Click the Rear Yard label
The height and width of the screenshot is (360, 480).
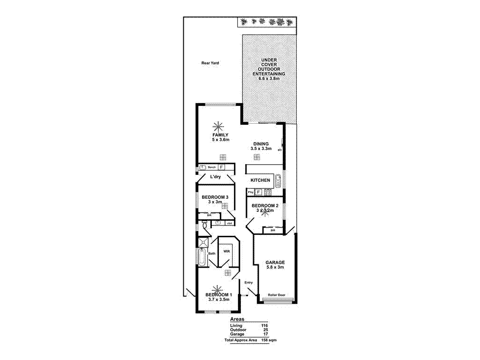(x=210, y=63)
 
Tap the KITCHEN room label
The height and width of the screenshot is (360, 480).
(x=260, y=180)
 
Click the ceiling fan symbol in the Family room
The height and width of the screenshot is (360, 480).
(x=218, y=126)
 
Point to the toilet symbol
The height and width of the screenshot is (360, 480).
(x=205, y=226)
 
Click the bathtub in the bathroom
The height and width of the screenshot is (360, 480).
(x=201, y=257)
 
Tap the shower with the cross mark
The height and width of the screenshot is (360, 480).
(x=203, y=242)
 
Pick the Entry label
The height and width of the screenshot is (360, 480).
(x=248, y=282)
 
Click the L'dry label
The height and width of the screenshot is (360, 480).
(x=215, y=177)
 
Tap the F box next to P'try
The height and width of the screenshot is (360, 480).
(x=258, y=192)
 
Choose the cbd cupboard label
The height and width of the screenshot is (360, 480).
(x=229, y=223)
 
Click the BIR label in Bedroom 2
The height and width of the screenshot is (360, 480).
(x=272, y=230)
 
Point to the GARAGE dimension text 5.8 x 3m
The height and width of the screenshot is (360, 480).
(x=275, y=268)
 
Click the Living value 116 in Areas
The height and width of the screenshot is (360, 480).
(x=264, y=326)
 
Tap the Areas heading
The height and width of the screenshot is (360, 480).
(x=237, y=319)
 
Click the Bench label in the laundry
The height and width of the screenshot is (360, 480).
(x=211, y=167)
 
